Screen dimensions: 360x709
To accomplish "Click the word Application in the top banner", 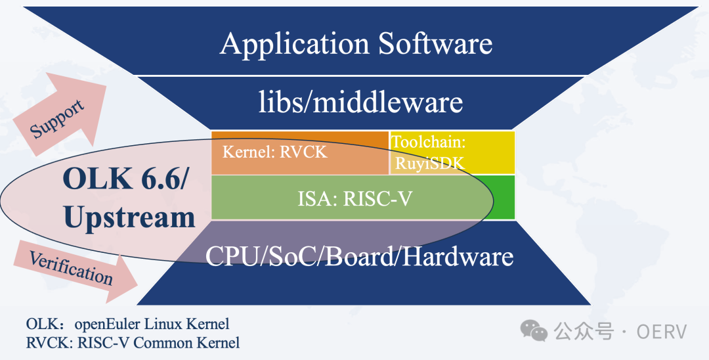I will [295, 44].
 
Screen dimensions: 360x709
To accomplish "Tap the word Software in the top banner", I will [435, 44].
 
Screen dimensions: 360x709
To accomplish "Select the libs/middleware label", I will [360, 102].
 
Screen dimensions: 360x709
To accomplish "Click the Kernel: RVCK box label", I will [274, 152].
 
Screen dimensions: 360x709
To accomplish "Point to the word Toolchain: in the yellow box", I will [428, 141].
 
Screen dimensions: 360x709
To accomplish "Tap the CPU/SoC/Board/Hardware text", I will [359, 256].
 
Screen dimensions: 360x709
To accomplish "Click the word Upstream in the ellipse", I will [129, 217].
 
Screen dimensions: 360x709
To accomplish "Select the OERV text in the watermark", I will [661, 332].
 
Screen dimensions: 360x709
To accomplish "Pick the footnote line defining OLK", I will [127, 324].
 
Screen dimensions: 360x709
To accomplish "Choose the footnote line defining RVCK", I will [133, 343].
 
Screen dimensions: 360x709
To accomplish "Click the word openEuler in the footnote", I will [102, 324].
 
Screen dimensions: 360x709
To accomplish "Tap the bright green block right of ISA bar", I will [504, 197].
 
